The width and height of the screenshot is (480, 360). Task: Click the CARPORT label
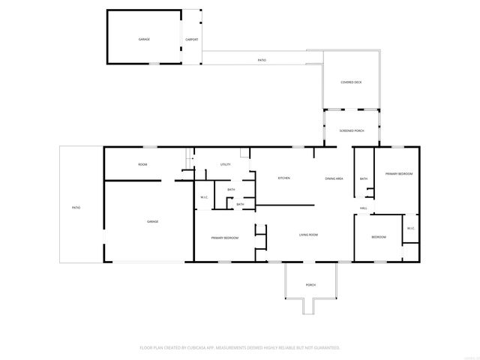191,39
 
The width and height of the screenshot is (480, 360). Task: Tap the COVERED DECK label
351,82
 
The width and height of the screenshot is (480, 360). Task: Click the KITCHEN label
283,178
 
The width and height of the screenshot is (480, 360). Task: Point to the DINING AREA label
334,178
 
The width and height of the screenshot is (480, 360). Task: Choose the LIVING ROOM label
309,235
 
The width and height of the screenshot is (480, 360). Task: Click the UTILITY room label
225,164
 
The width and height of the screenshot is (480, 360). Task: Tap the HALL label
363,208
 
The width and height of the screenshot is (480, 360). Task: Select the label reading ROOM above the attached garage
142,164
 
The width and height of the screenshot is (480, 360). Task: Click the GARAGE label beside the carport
144,39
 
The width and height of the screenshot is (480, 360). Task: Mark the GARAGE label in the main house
152,221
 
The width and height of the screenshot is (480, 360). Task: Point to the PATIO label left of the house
76,207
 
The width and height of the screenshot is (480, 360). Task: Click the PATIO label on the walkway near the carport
262,60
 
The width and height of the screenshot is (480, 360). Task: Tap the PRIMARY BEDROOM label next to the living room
224,238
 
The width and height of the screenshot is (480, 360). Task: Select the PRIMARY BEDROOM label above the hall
399,173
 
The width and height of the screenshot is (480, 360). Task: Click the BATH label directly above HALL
363,178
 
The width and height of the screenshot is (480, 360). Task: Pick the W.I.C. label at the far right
410,229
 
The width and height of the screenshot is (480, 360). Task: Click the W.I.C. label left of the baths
204,197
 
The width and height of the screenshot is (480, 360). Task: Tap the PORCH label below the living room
310,285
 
